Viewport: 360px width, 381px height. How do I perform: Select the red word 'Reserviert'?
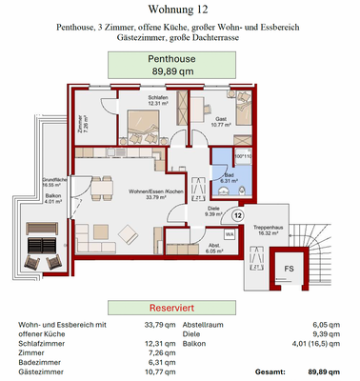click(x=180, y=310)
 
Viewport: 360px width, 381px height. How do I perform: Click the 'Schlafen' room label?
click(x=158, y=99)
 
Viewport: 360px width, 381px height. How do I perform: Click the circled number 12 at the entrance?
click(x=236, y=215)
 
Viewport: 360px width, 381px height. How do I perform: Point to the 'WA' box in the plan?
click(x=230, y=232)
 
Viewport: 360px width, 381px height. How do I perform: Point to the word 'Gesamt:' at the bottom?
click(x=271, y=371)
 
